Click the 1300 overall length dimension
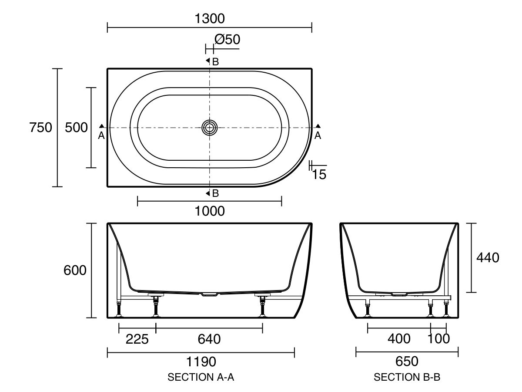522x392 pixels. click(x=210, y=18)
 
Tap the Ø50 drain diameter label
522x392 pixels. click(x=227, y=40)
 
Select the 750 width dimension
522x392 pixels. click(x=40, y=128)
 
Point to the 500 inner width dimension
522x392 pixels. click(x=76, y=128)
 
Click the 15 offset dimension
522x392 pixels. click(x=319, y=175)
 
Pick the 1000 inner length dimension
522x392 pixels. click(x=210, y=211)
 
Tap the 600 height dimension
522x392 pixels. click(x=75, y=270)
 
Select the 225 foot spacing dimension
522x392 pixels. click(x=137, y=338)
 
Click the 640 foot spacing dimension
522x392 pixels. click(x=209, y=338)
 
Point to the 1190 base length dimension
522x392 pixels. click(x=201, y=362)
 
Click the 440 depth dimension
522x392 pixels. click(x=488, y=257)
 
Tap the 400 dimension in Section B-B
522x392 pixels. click(x=398, y=338)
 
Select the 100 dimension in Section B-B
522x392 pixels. click(x=438, y=338)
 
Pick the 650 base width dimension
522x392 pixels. click(x=407, y=362)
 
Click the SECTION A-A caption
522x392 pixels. click(x=201, y=378)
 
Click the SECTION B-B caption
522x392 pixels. click(x=407, y=378)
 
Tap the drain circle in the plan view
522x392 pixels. click(x=210, y=128)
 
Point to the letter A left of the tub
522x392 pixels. click(x=101, y=135)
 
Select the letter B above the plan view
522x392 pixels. click(x=215, y=61)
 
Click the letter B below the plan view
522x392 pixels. click(x=215, y=193)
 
